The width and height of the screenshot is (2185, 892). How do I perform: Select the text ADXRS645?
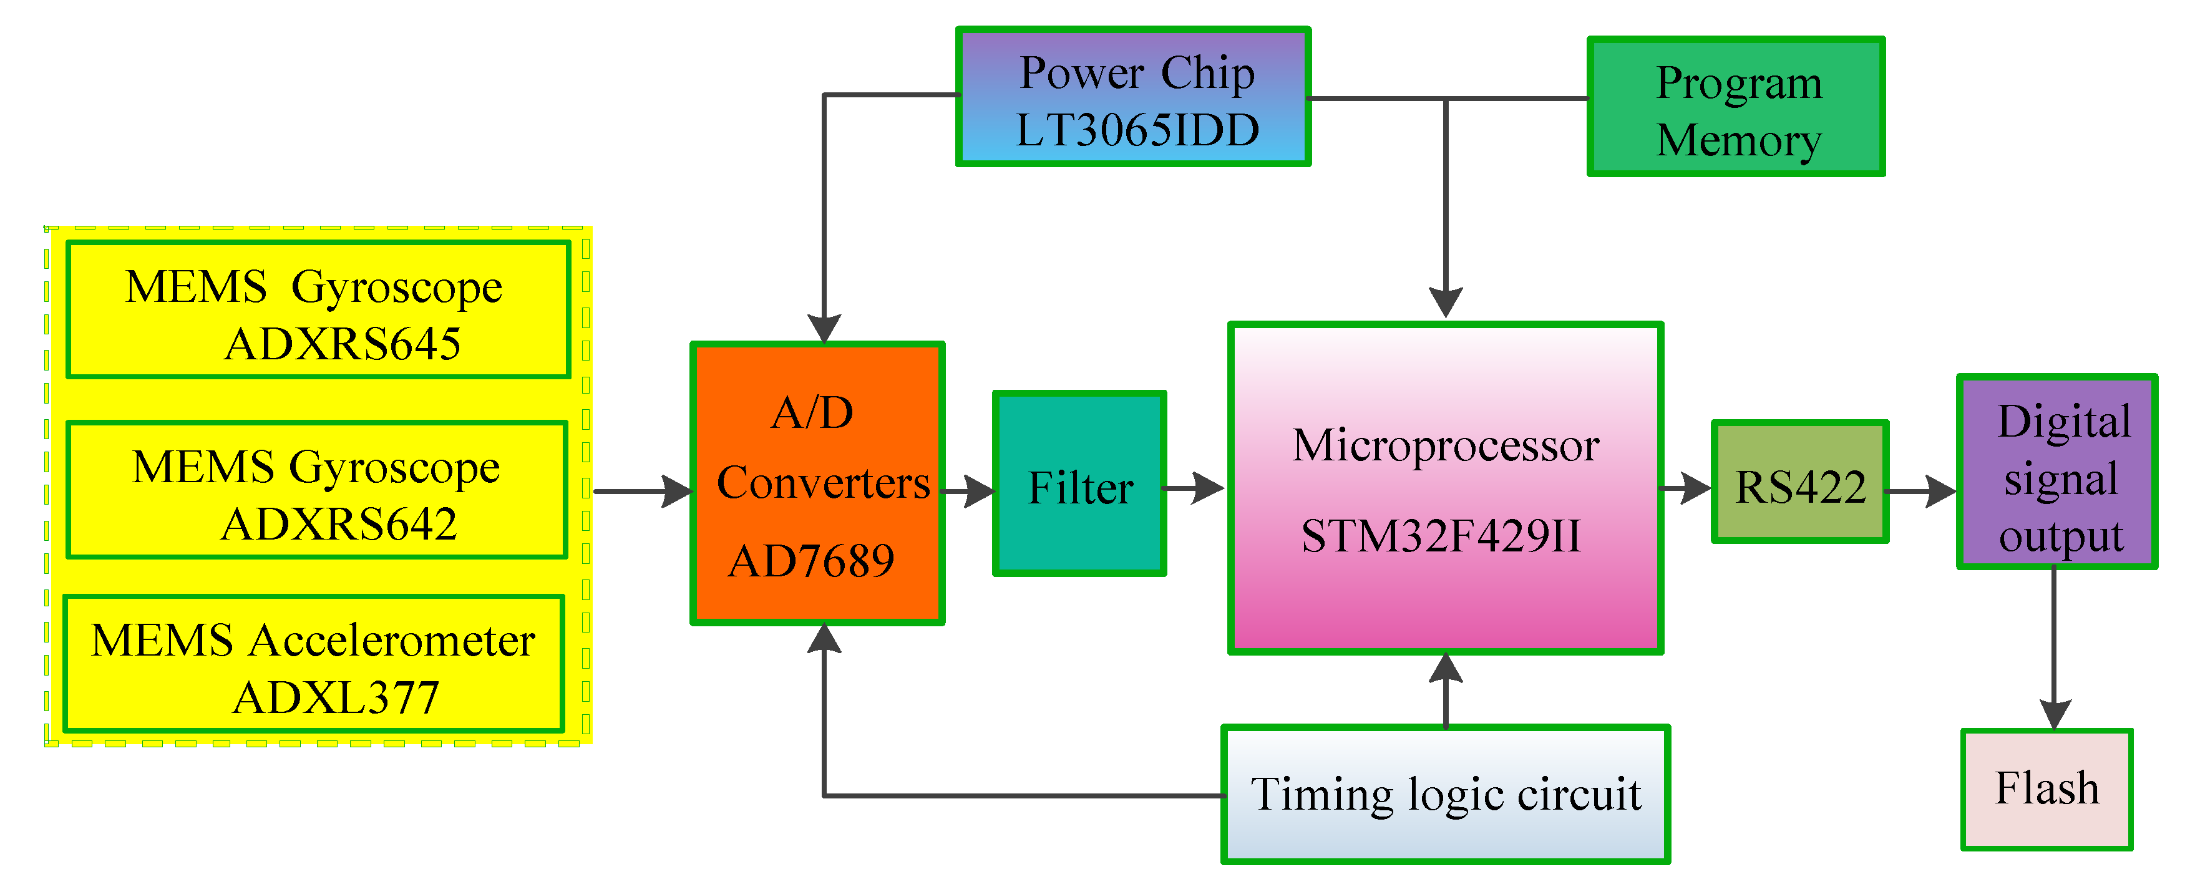click(343, 344)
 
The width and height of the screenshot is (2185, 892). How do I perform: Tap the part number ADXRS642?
click(339, 524)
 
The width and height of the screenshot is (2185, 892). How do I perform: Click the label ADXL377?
click(336, 699)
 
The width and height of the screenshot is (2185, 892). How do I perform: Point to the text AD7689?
click(811, 561)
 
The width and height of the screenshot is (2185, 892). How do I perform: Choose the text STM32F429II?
click(1441, 536)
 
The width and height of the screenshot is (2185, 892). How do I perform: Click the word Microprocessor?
click(1446, 446)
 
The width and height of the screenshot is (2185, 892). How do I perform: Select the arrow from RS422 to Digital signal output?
click(1920, 491)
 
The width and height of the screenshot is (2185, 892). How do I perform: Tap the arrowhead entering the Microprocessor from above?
click(1446, 302)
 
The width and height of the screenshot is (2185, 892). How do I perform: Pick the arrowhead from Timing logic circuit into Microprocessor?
click(1446, 668)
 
